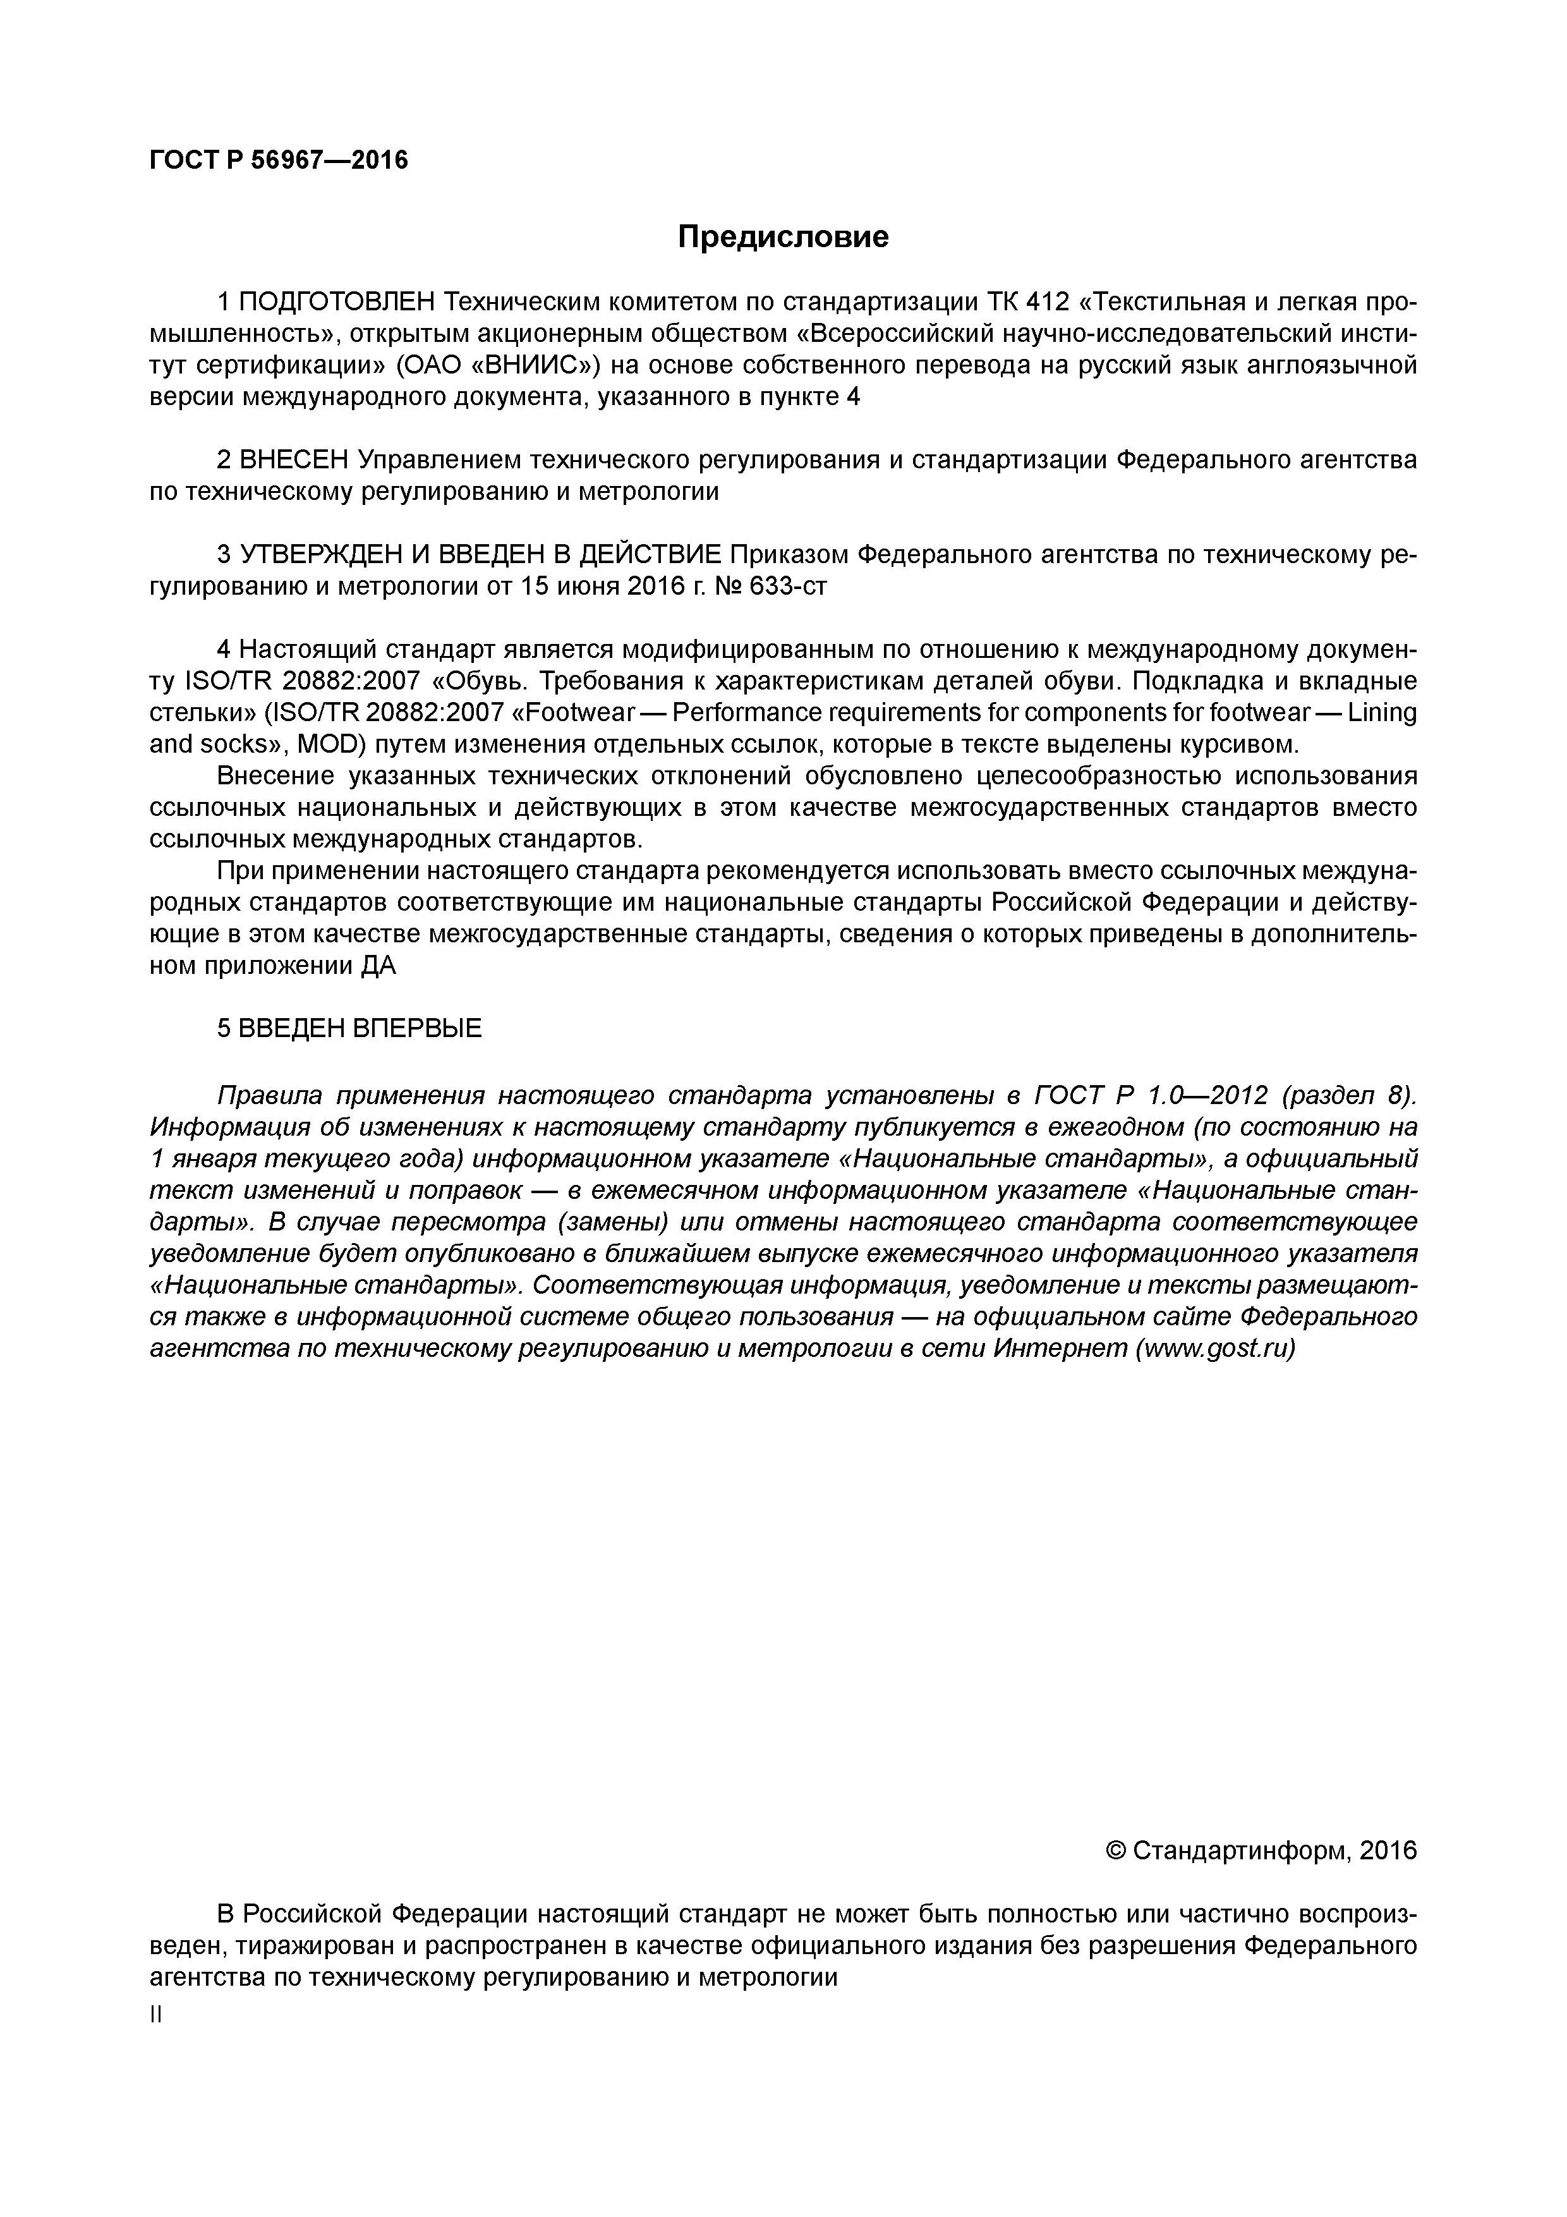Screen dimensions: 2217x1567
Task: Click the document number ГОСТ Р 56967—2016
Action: (279, 161)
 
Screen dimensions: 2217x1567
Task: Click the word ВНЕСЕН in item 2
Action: (294, 461)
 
